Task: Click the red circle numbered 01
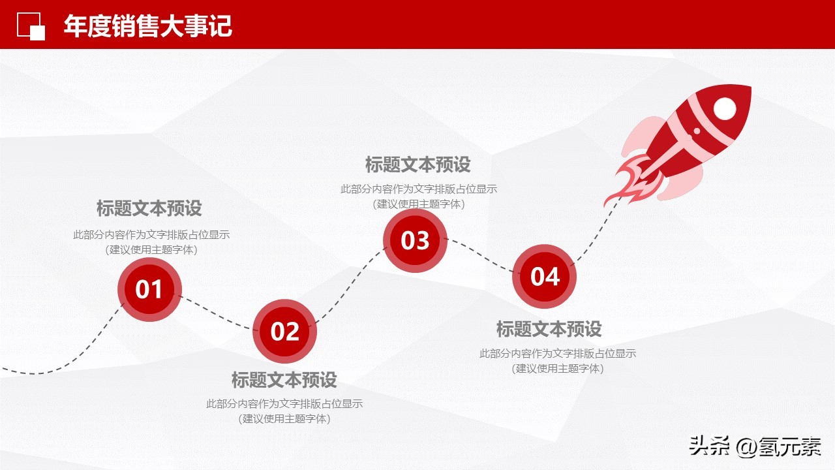coord(149,289)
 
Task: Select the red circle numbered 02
coord(284,332)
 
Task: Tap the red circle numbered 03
coord(415,240)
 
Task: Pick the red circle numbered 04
coord(545,276)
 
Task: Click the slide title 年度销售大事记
coord(148,26)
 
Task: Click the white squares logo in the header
coord(31,26)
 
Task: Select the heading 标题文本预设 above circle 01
coord(149,208)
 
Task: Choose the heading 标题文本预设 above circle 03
coord(417,164)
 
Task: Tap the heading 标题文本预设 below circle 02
coord(284,379)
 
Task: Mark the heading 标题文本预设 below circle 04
coord(549,329)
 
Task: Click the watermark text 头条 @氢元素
coord(755,447)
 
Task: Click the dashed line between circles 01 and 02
coord(216,315)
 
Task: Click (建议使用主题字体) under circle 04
coord(558,368)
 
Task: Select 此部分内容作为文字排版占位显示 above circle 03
coord(418,189)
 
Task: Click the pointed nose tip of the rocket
coord(750,88)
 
